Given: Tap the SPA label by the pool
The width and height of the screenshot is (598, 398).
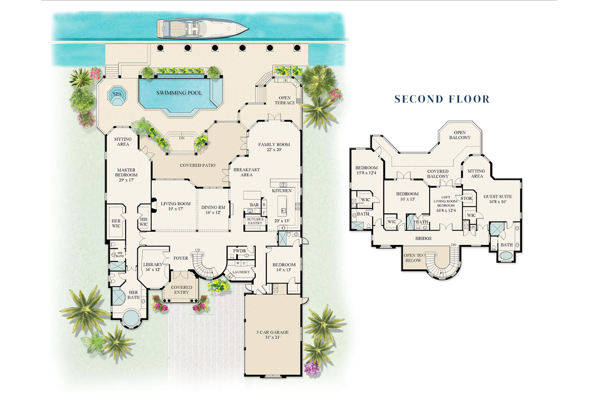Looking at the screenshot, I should [117, 95].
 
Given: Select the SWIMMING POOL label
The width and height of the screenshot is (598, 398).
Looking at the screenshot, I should [178, 92].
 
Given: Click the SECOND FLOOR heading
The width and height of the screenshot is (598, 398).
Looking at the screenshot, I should [442, 99].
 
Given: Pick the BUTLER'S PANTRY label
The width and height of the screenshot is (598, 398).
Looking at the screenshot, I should [255, 221].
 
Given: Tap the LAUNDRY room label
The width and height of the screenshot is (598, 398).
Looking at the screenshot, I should [240, 272].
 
